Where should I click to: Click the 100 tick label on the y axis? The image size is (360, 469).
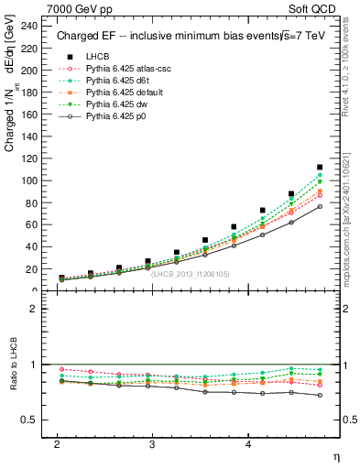(29, 180)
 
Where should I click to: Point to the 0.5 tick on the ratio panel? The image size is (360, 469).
(27, 420)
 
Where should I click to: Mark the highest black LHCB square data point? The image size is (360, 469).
(320, 168)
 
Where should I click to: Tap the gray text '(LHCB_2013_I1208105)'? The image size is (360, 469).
(190, 273)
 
